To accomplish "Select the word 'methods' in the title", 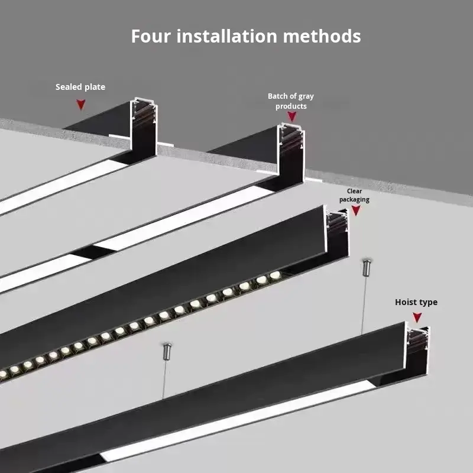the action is coord(322,36).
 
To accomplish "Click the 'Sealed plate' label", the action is coord(80,87).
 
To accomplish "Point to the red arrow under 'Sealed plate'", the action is coord(80,105).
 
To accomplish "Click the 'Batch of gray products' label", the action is coord(291,101).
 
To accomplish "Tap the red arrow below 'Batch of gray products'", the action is coord(291,116).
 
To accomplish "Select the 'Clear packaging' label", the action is coord(354,195).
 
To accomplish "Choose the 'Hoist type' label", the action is coord(416,302).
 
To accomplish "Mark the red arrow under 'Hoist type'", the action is coord(417,318).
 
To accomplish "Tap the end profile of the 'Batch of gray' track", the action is coord(291,151).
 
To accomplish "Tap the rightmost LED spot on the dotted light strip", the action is coord(275,275).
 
